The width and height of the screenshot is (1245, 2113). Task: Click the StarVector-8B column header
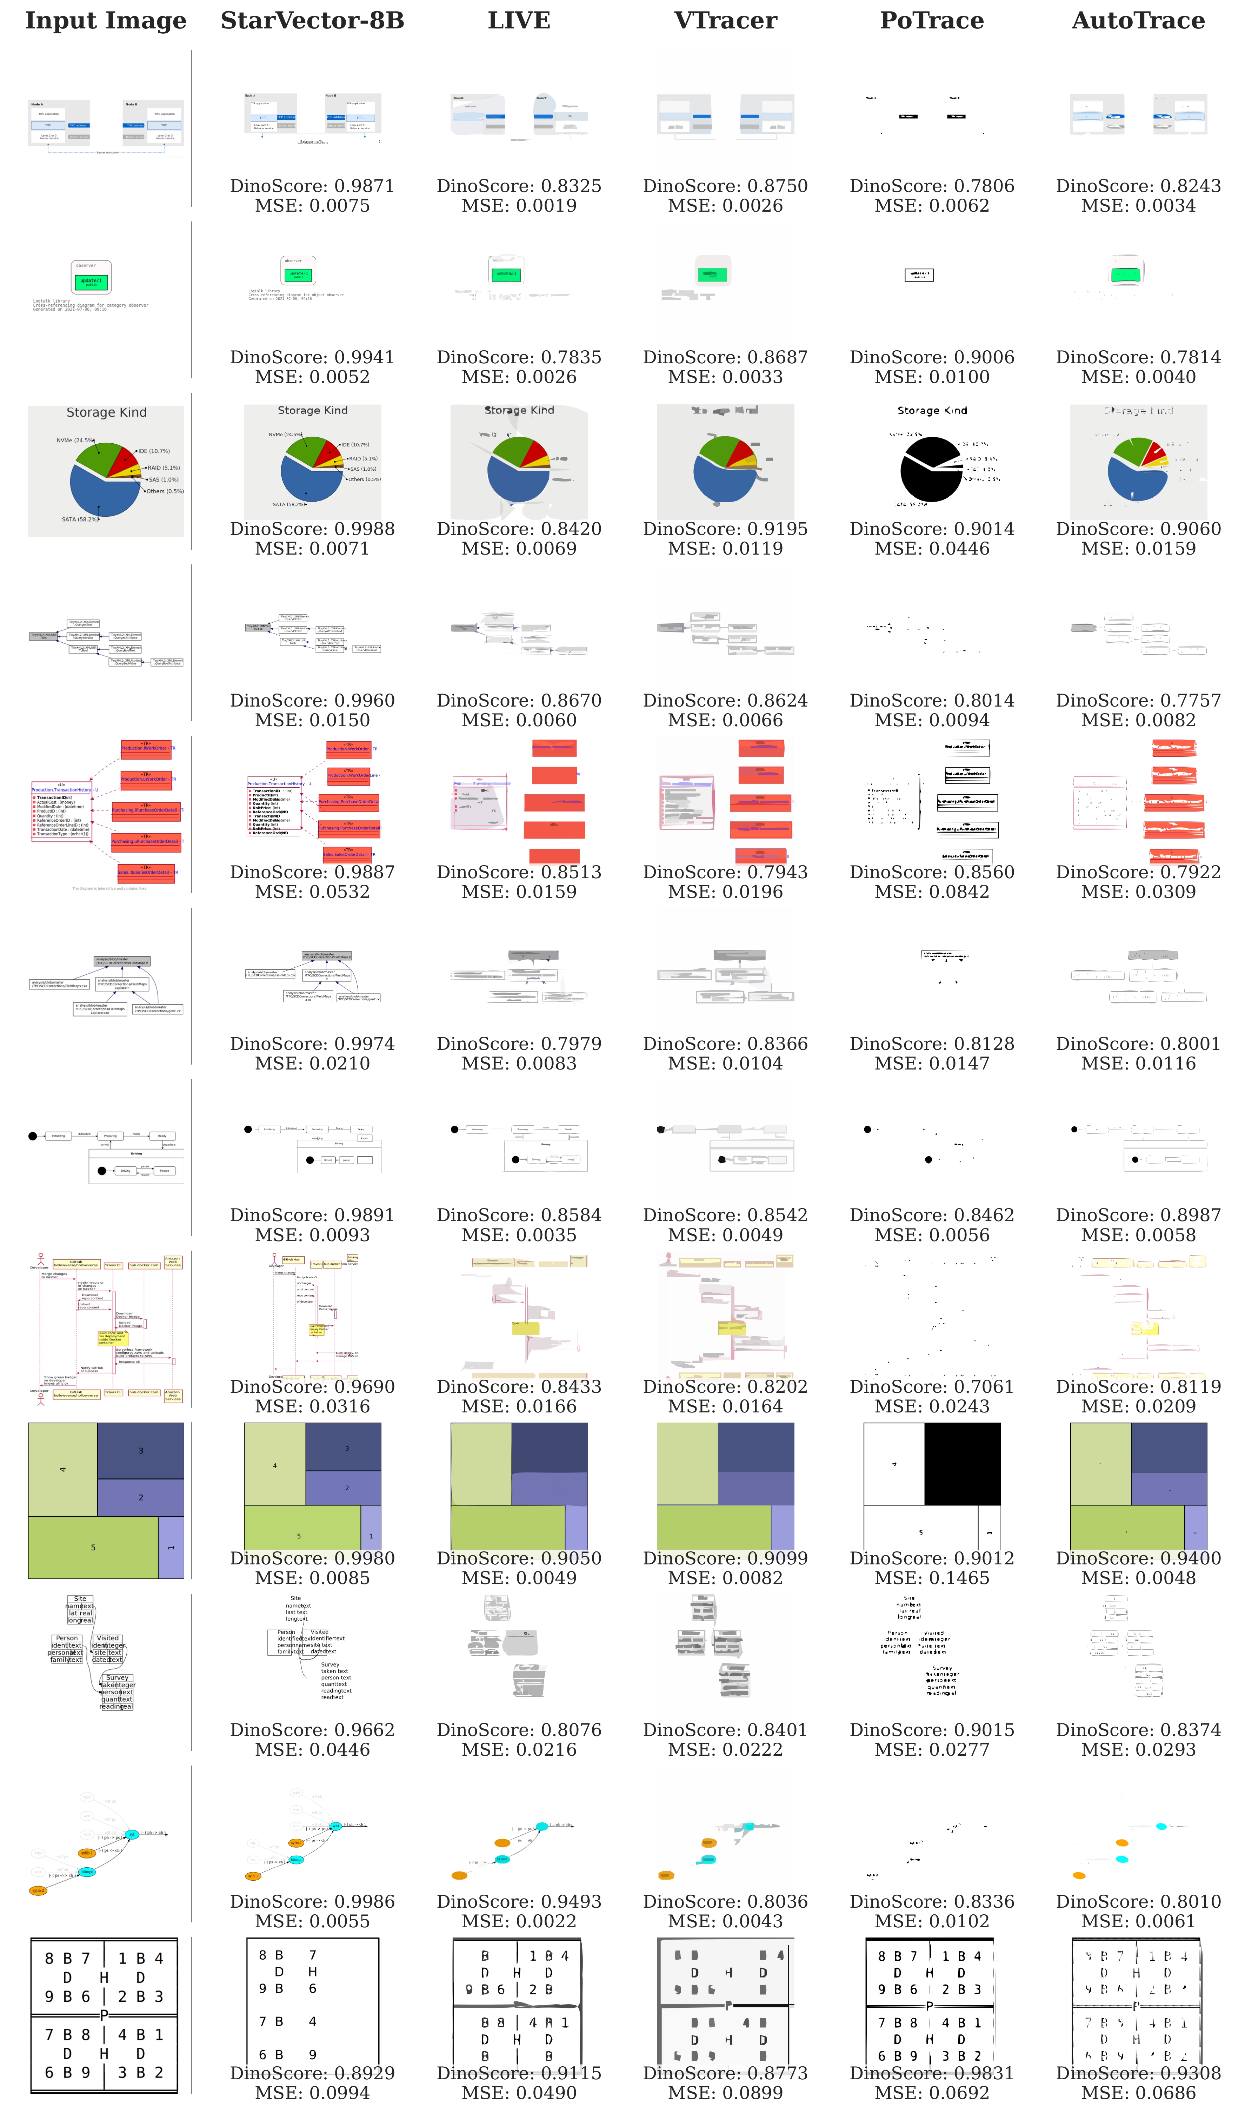click(312, 21)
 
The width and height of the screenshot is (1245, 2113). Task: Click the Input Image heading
click(106, 21)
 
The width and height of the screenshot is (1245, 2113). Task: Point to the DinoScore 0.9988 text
click(312, 529)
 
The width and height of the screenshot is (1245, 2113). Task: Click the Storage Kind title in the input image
click(107, 413)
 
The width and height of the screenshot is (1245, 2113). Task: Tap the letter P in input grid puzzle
click(104, 2015)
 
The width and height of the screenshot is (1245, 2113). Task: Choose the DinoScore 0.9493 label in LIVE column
click(519, 1902)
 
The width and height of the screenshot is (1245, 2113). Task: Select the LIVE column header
click(519, 21)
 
